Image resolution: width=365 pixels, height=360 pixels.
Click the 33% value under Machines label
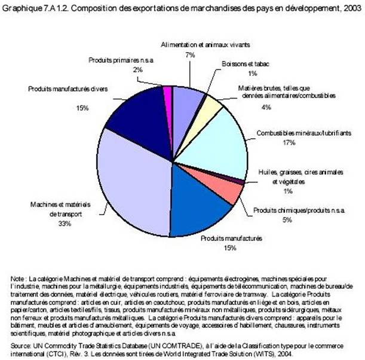click(x=48, y=224)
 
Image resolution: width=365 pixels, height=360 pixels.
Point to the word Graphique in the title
click(x=18, y=6)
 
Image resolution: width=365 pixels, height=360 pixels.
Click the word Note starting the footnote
click(x=17, y=279)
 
